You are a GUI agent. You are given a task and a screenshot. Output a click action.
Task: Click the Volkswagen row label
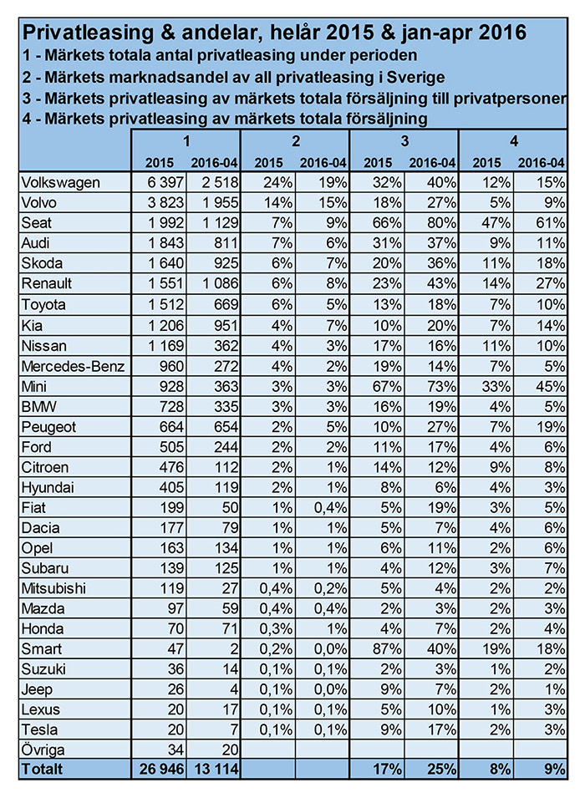pyautogui.click(x=60, y=183)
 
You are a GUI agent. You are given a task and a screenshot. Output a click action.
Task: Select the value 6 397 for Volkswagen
pyautogui.click(x=165, y=183)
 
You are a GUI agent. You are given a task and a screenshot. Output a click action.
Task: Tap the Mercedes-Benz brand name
pyautogui.click(x=73, y=367)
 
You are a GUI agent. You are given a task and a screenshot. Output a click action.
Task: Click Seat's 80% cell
pyautogui.click(x=441, y=223)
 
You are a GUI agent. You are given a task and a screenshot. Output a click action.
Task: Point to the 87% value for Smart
pyautogui.click(x=387, y=649)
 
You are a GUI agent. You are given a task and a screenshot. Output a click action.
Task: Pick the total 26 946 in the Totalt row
pyautogui.click(x=162, y=769)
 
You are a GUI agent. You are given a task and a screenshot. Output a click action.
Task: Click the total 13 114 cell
pyautogui.click(x=216, y=769)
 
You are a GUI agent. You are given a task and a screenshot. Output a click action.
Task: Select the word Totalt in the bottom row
pyautogui.click(x=42, y=769)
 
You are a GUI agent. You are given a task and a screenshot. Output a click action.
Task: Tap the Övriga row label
pyautogui.click(x=43, y=750)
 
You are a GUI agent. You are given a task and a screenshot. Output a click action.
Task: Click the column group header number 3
pyautogui.click(x=404, y=141)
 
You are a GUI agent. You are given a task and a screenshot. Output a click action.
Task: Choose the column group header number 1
pyautogui.click(x=186, y=141)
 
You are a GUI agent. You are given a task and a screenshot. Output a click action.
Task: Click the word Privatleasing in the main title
pyautogui.click(x=88, y=33)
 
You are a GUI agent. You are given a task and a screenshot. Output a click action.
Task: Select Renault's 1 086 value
pyautogui.click(x=221, y=284)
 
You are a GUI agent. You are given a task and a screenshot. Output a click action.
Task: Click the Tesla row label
pyautogui.click(x=39, y=729)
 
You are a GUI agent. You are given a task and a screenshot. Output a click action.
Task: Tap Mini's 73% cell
pyautogui.click(x=441, y=386)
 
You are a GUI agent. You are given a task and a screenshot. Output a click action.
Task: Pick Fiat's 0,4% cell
pyautogui.click(x=330, y=507)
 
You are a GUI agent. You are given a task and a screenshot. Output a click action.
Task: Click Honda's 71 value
pyautogui.click(x=230, y=629)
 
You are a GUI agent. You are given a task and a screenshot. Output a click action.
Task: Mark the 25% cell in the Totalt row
pyautogui.click(x=441, y=769)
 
